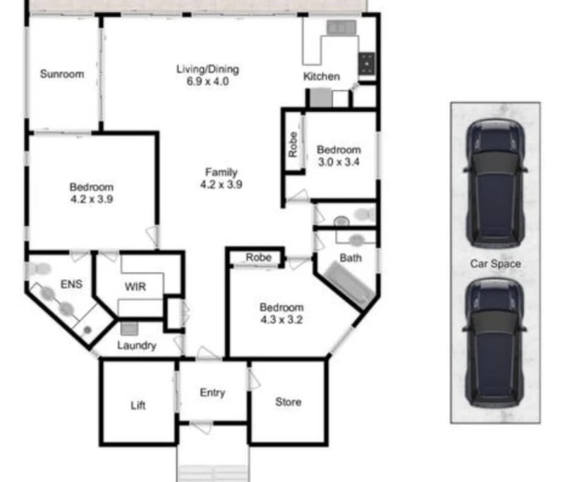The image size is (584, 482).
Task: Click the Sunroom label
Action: [62, 74]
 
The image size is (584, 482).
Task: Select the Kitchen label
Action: [321, 76]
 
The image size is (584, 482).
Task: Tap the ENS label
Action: [72, 285]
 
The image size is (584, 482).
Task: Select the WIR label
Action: [135, 288]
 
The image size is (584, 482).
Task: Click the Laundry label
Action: [136, 346]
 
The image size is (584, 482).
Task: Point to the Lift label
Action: [138, 406]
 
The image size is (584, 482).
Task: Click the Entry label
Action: [212, 393]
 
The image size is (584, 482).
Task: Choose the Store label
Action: [288, 402]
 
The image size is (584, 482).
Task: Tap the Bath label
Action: [351, 258]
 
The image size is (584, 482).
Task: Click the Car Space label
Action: [496, 264]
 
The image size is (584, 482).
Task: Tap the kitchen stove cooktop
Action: [367, 64]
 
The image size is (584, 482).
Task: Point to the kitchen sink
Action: [341, 28]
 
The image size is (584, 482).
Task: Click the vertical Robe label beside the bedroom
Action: [293, 145]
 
